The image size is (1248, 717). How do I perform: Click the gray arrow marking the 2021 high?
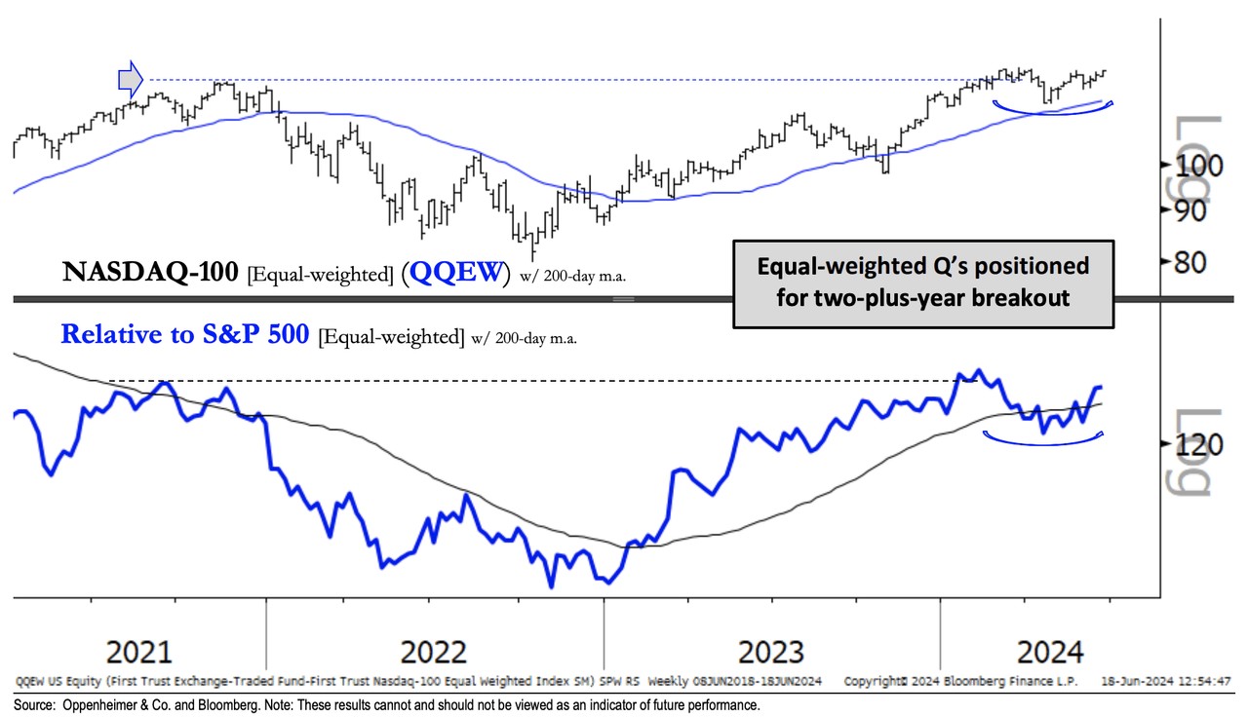(x=130, y=79)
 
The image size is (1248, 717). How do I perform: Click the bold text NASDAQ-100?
(x=149, y=274)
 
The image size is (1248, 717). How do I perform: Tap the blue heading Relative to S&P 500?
(x=185, y=335)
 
